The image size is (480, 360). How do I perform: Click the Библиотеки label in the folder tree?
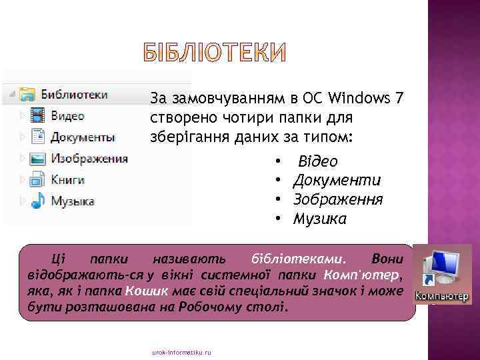(x=74, y=94)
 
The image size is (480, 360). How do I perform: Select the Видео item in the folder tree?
(x=67, y=115)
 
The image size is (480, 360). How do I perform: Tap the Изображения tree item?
(x=89, y=159)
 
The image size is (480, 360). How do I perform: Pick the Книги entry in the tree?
(x=67, y=179)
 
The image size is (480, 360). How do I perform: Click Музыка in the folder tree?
(x=73, y=201)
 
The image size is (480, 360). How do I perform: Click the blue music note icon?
(x=39, y=200)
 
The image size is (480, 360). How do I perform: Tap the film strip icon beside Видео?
(x=39, y=115)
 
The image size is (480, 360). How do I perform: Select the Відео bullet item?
(x=317, y=161)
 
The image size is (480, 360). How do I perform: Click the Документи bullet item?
(x=337, y=180)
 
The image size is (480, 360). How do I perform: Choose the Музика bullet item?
(x=320, y=219)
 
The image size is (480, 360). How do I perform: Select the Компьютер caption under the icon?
(x=442, y=296)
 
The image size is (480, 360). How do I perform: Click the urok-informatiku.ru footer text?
(x=181, y=351)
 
